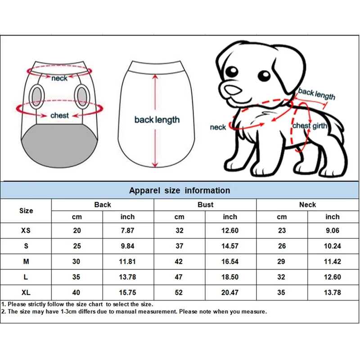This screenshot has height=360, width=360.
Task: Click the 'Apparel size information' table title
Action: pos(180,190)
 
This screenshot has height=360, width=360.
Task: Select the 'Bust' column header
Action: pos(206,205)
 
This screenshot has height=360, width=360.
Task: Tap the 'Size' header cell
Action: pos(26,211)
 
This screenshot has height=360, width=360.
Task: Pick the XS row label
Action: pos(26,230)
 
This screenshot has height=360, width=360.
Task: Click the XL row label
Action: pos(26,292)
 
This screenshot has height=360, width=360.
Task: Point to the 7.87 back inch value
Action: pos(127,230)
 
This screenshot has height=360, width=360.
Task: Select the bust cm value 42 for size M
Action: pos(180,261)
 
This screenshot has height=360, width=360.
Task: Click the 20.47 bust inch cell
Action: pos(230,292)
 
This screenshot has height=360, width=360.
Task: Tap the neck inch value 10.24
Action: pos(333,246)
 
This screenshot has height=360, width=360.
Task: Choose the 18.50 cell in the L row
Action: pos(230,277)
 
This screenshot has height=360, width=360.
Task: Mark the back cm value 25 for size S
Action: pos(77,246)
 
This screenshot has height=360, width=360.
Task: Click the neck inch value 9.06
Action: pos(333,230)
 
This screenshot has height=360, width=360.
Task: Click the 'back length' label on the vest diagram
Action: pos(157,120)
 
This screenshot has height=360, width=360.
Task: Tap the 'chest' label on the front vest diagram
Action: pos(59,116)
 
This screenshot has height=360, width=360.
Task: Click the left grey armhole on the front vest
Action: pos(37,95)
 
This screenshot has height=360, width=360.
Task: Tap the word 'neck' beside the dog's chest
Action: pos(218,127)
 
